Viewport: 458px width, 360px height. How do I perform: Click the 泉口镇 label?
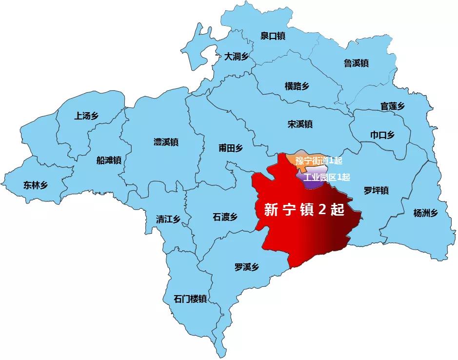coord(273,36)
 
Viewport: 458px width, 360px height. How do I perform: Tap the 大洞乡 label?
coord(237,57)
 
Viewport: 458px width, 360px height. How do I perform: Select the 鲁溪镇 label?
coord(356,63)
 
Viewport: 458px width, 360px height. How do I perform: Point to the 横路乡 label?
coord(297,86)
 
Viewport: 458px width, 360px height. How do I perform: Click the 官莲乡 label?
coord(393,106)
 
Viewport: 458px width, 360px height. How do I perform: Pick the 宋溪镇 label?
coord(300,124)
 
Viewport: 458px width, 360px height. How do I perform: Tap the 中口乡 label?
coord(382,135)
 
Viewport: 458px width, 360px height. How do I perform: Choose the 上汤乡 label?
coord(86,116)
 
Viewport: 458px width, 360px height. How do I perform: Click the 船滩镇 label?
coord(109,160)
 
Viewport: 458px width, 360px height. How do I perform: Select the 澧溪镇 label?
coord(166,142)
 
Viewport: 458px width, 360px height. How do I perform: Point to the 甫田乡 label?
coord(231,148)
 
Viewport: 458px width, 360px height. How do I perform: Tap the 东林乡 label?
coord(36,184)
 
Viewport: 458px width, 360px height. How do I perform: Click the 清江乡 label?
coord(168,219)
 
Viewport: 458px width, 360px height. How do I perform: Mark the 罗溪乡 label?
coord(246,267)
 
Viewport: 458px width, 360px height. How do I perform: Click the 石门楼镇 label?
coord(191,299)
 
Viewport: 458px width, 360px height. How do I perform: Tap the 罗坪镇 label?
coord(376,190)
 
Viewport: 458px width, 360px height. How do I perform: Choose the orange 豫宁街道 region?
coord(293,160)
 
